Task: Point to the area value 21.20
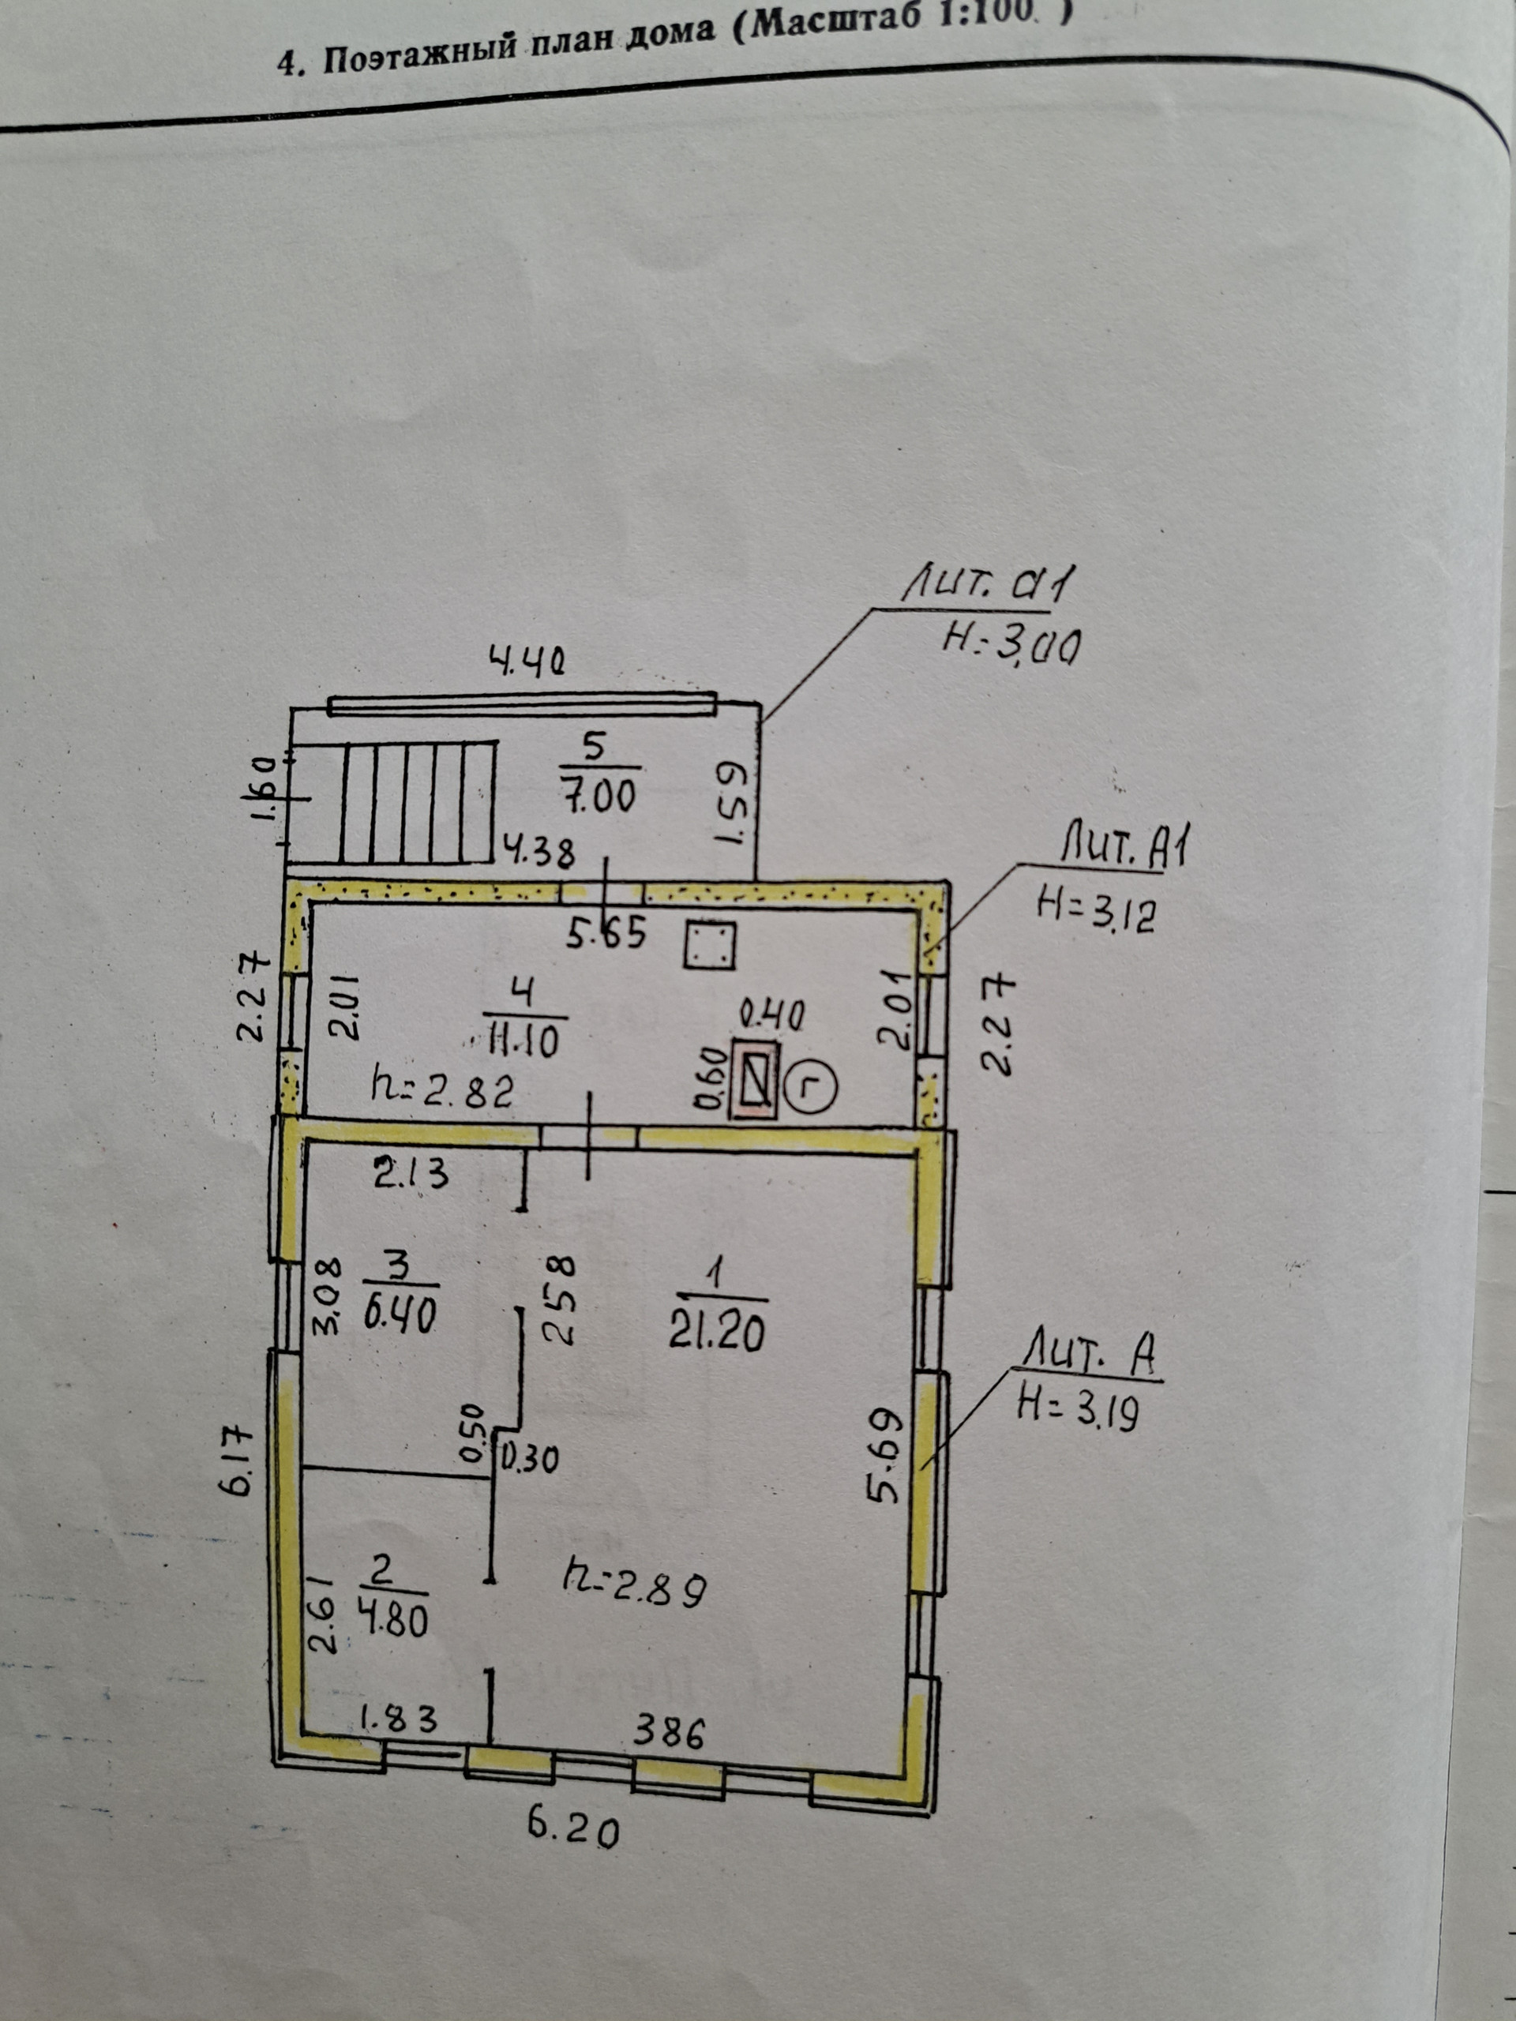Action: [716, 1334]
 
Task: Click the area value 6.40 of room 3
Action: [400, 1316]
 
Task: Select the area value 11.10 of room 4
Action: [523, 1040]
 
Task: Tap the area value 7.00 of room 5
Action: [599, 797]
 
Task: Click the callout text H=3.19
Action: [1079, 1410]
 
